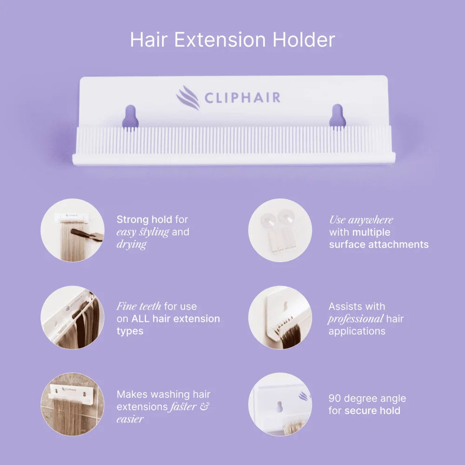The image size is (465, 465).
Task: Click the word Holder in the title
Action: coord(304,40)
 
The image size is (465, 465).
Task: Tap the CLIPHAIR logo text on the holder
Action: coord(242,98)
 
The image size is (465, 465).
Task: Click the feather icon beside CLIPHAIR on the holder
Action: coord(188,98)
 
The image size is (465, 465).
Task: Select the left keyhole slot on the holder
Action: coord(130,117)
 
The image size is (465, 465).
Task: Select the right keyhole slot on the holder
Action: coord(338,116)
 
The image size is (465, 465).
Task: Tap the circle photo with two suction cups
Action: coord(279,230)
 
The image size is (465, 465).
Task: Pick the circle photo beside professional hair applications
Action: coord(279,317)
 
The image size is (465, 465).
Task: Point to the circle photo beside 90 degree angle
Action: coord(279,404)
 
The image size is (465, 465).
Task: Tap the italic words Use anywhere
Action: coord(361,220)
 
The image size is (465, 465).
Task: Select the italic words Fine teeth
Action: coord(139,306)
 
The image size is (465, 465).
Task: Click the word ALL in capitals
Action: coord(143,319)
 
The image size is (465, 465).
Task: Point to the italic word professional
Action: coord(356,319)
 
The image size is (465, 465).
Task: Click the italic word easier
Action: coord(130,419)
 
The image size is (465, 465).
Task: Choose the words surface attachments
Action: coord(379,245)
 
